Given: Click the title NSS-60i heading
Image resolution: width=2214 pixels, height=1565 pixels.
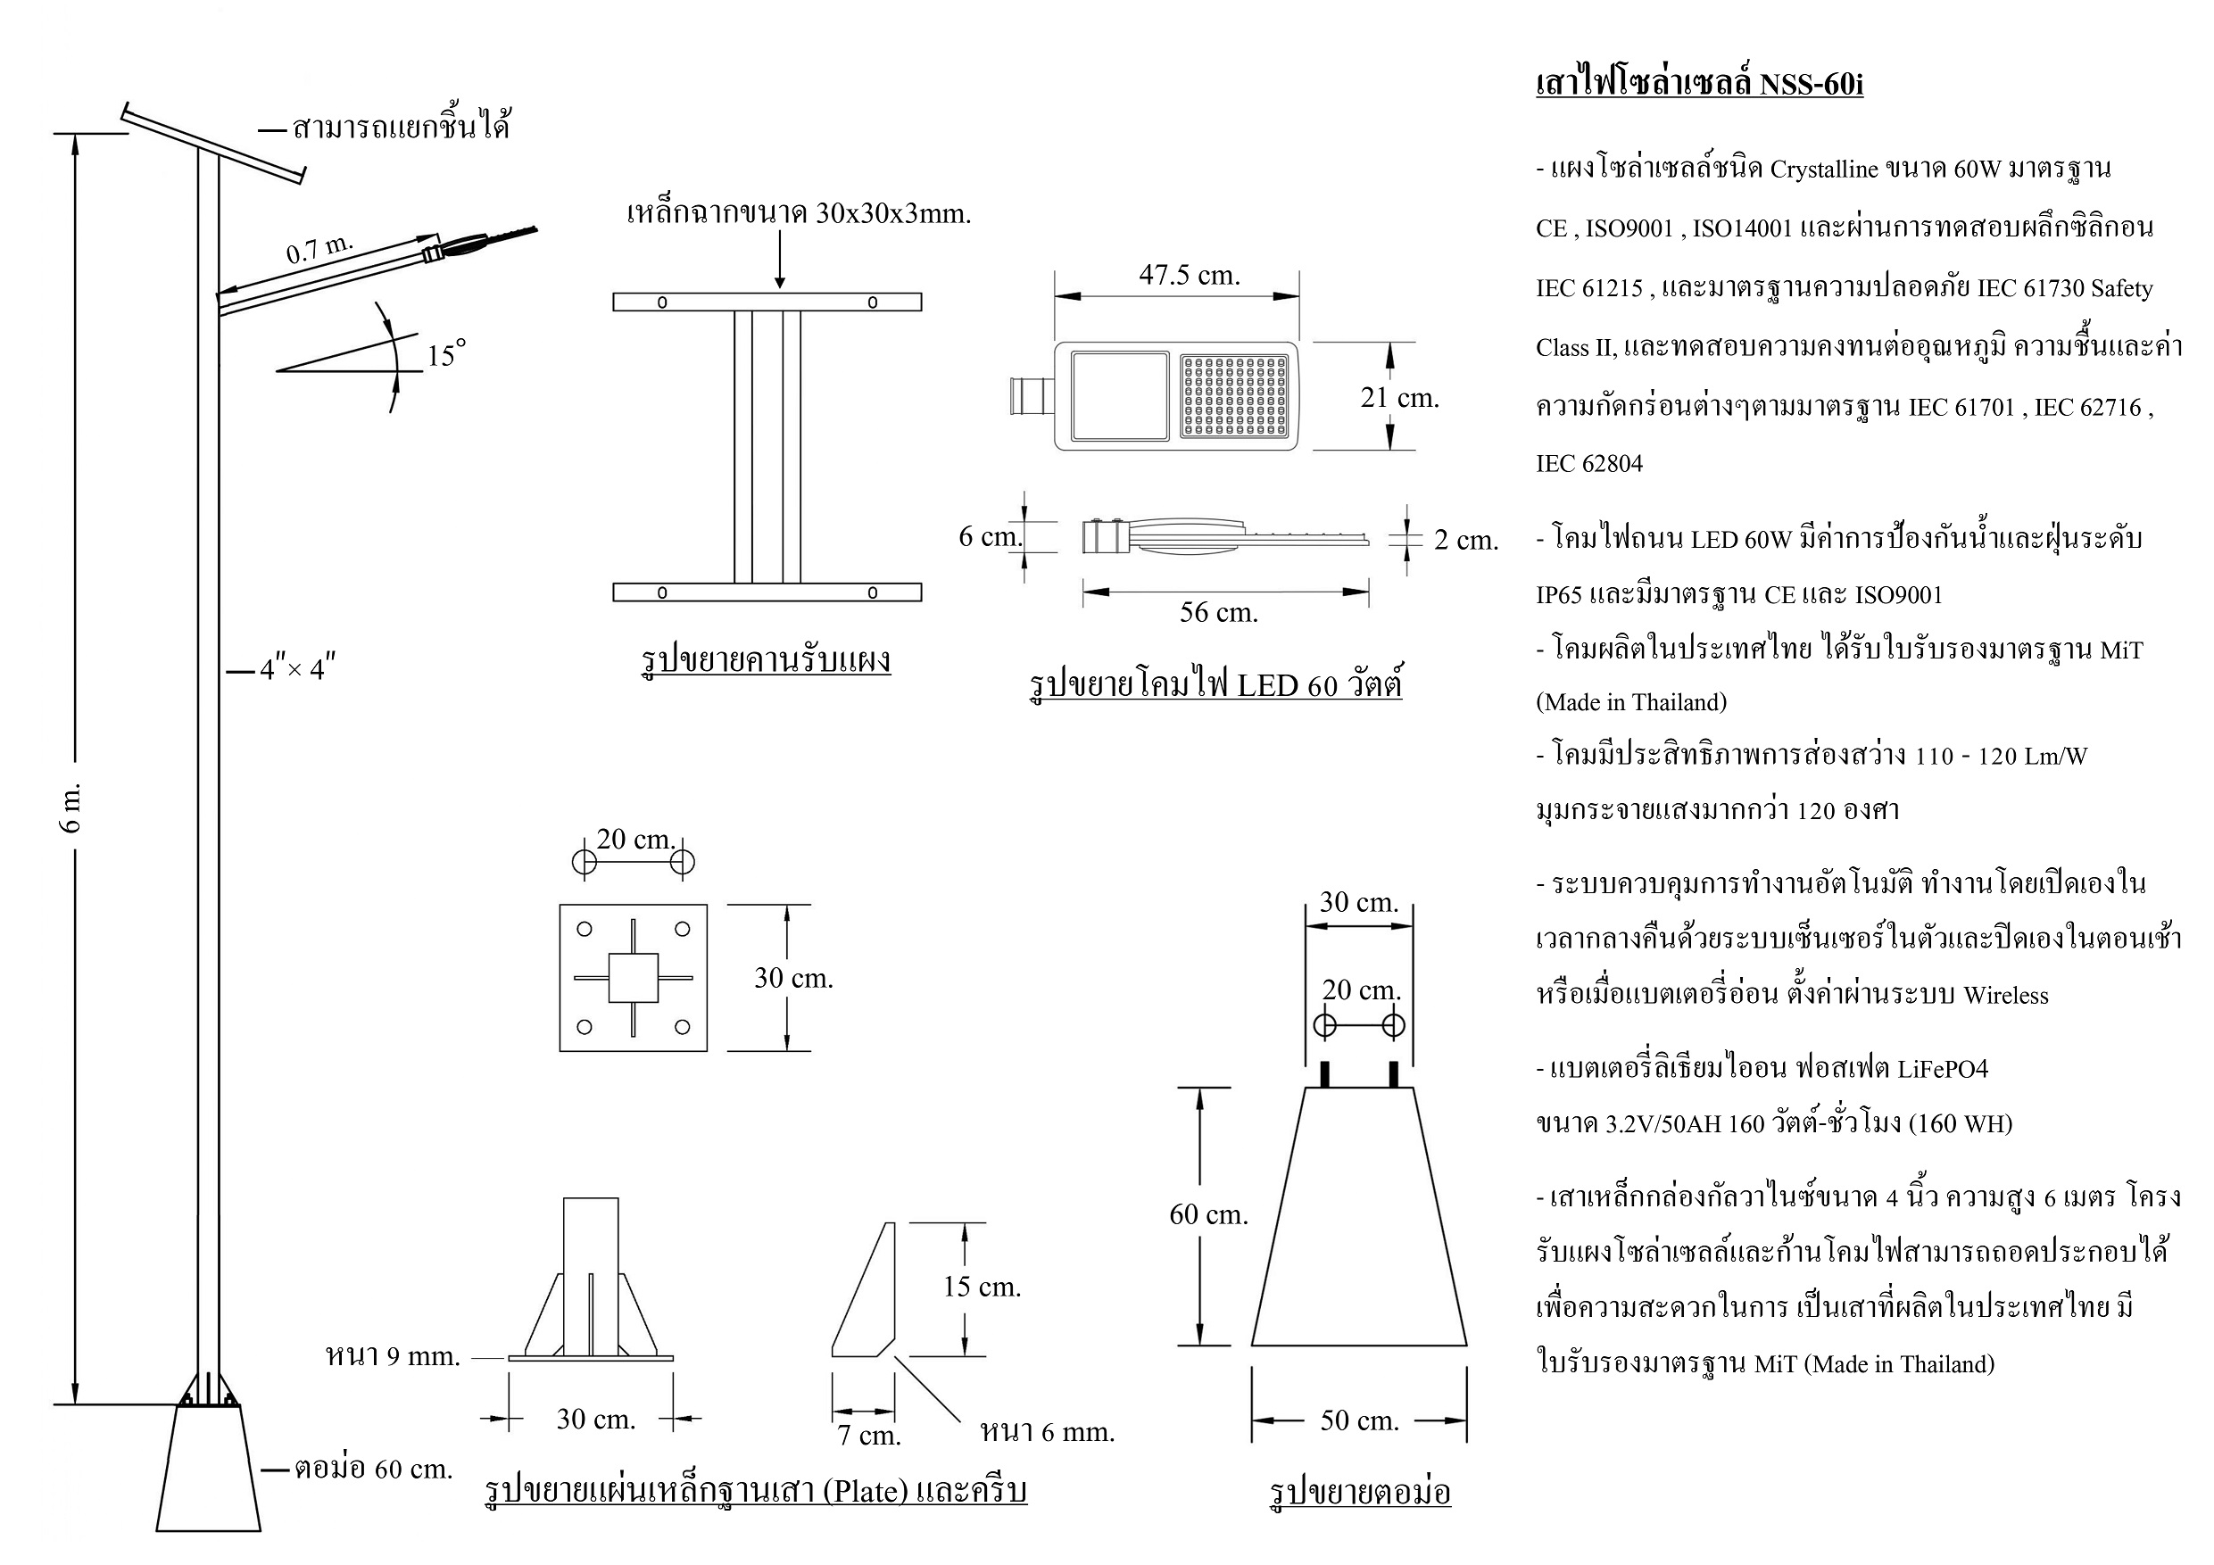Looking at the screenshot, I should (x=1699, y=85).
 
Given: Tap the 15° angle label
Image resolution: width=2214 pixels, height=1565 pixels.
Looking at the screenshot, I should (x=445, y=354).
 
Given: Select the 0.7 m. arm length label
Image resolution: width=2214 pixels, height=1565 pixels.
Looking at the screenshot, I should (x=320, y=249).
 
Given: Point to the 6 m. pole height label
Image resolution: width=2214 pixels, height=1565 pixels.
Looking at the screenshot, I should (x=74, y=807).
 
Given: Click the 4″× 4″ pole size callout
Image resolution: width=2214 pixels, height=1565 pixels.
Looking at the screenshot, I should (x=297, y=669).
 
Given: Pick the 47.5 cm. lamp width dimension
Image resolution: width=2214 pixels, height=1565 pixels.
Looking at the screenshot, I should (x=1189, y=276).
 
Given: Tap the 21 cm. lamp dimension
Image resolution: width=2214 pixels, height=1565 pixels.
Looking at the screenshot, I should (x=1399, y=397).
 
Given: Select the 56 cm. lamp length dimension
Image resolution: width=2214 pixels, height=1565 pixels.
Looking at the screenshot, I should (x=1218, y=612).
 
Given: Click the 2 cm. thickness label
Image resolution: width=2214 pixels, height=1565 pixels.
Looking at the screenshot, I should (x=1465, y=540).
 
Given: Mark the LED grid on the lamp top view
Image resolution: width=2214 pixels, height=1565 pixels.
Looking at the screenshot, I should (x=1234, y=395).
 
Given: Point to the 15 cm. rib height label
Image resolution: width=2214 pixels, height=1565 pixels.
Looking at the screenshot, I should (x=982, y=1287).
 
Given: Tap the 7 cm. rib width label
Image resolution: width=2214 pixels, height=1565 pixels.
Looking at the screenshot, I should (x=868, y=1436).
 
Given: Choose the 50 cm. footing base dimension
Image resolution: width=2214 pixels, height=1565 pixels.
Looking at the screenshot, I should (x=1359, y=1420).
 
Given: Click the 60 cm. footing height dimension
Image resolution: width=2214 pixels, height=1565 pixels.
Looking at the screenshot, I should (x=1208, y=1215).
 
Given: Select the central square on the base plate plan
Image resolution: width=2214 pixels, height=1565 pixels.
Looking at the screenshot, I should (x=633, y=978).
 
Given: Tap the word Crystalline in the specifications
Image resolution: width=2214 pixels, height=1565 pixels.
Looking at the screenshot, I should (x=1823, y=170).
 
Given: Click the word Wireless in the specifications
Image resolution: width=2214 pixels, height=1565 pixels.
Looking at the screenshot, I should (x=2005, y=995).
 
